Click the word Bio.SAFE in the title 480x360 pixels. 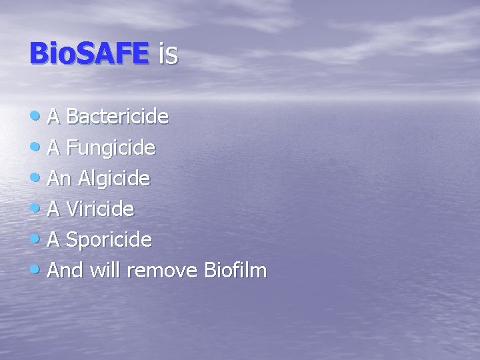(89, 53)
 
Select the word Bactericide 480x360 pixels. (117, 117)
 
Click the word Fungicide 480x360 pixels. (111, 148)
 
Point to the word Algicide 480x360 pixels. (114, 179)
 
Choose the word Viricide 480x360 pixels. (101, 209)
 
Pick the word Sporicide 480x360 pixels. (109, 240)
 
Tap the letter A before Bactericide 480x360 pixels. (55, 117)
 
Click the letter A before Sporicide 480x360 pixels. (55, 240)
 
